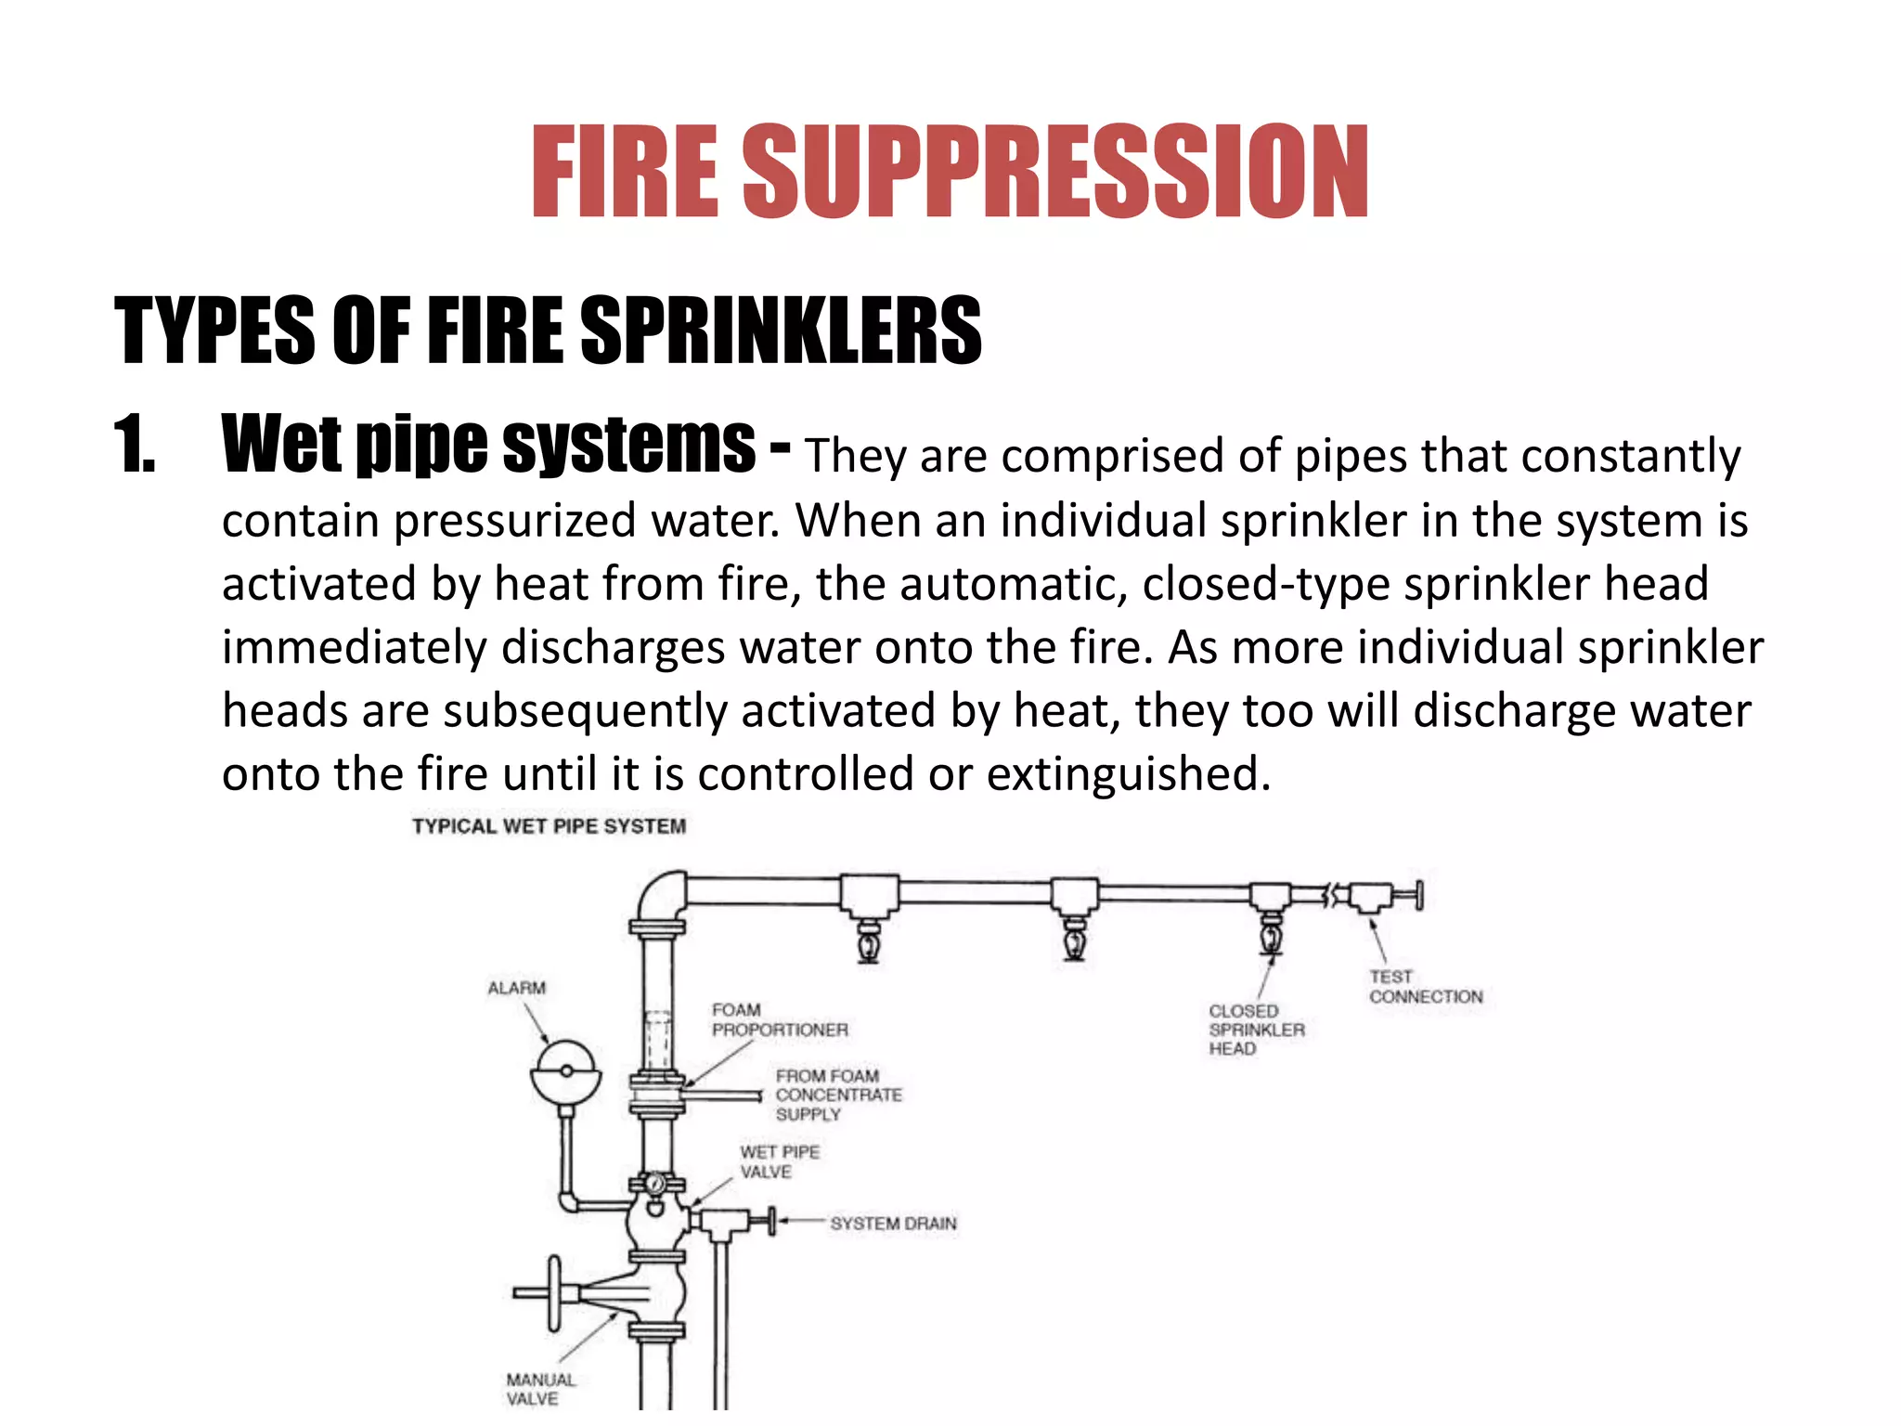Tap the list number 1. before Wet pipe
tap(135, 446)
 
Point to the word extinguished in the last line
tap(1127, 773)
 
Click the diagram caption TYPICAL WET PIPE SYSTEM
tap(549, 826)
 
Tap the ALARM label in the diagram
tap(517, 988)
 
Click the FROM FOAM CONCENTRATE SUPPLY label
tap(837, 1095)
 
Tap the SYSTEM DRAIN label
tap(892, 1224)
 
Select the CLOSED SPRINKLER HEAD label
tap(1256, 1029)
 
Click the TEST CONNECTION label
tap(1424, 987)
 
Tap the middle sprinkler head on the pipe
tap(1074, 940)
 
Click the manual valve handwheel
tap(554, 1292)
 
